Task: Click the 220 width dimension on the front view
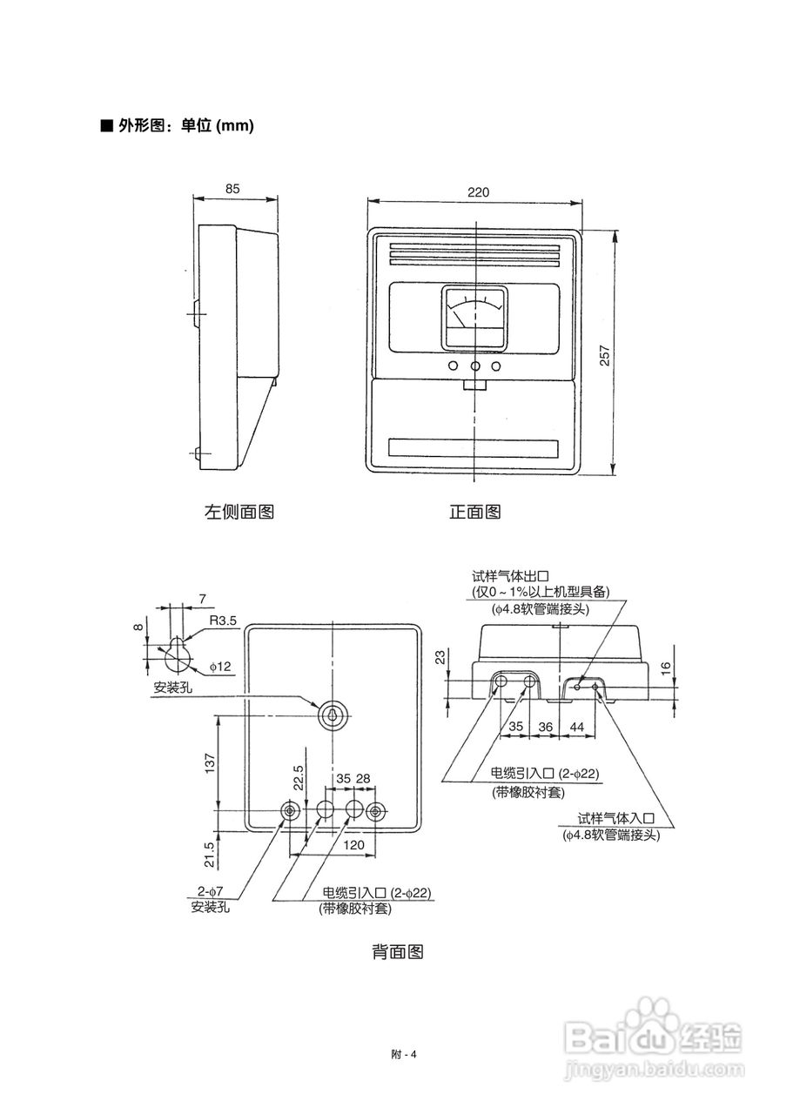478,192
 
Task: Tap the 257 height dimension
604,355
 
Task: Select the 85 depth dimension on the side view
232,189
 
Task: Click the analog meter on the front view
475,319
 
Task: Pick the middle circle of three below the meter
475,366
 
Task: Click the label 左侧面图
239,511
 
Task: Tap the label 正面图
475,511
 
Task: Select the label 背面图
398,951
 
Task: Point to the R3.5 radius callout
222,621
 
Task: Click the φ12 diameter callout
220,666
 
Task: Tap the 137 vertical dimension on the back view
210,763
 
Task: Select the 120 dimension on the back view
353,844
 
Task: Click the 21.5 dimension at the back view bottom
210,855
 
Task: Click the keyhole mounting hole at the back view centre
333,716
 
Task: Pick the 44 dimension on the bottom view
576,727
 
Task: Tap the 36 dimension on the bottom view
545,727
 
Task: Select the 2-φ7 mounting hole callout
210,890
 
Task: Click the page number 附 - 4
404,1054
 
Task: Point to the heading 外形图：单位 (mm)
178,125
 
